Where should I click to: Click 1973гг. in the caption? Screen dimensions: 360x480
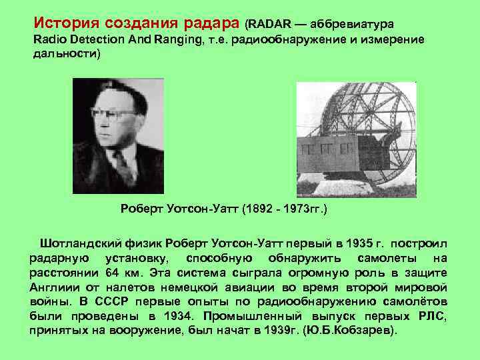(x=305, y=209)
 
